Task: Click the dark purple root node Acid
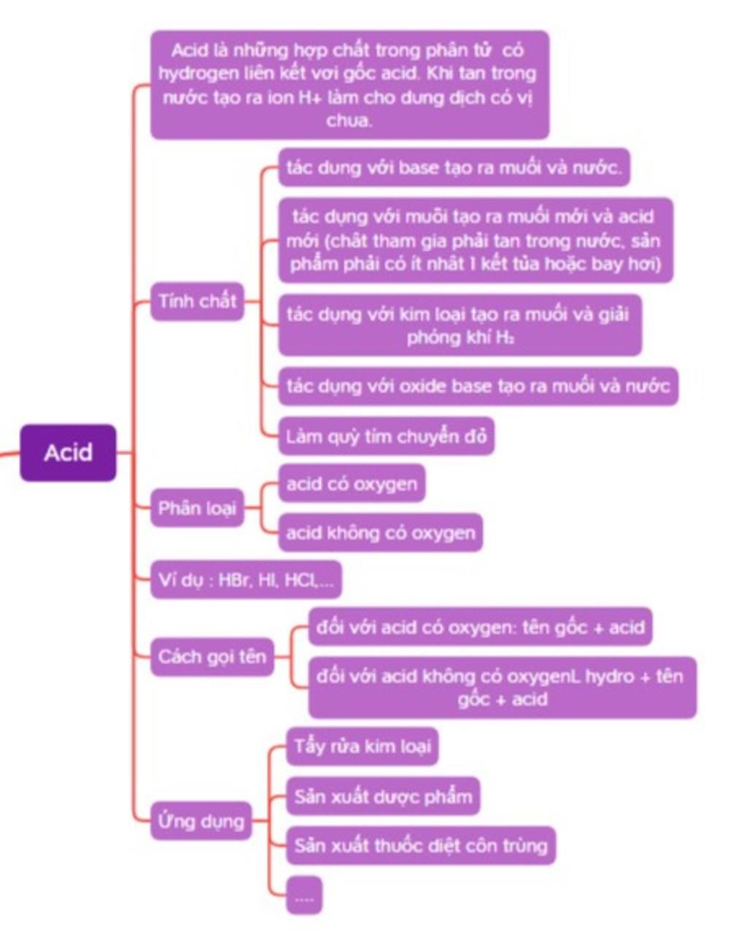coord(68,453)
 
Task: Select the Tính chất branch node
coord(197,300)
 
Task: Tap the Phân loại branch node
coord(197,508)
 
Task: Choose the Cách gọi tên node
coord(212,657)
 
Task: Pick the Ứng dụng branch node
coord(201,821)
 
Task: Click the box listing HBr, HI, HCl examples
coord(246,580)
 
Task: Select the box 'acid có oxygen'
coord(352,484)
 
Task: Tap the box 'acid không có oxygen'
coord(380,533)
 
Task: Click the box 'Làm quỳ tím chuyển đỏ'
coord(386,437)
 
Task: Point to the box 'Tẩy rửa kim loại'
coord(363,747)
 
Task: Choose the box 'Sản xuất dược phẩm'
coord(383,796)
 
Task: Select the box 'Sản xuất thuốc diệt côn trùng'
coord(420,846)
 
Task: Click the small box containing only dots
coord(304,896)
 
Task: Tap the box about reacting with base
coord(454,168)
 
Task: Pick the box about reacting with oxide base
coord(478,386)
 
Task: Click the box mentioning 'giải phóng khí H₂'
coord(460,325)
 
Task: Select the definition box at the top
coord(349,85)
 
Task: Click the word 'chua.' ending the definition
coord(349,121)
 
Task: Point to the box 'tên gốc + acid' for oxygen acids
coord(480,627)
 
